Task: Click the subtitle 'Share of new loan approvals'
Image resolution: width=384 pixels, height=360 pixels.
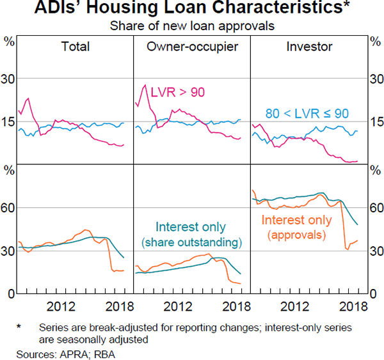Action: [191, 26]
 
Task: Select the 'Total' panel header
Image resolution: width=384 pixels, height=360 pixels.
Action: [75, 46]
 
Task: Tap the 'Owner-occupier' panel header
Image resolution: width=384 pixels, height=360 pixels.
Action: [191, 46]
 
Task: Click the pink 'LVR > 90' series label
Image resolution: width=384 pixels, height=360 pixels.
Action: [177, 93]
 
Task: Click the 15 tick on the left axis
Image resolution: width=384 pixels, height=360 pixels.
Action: [9, 121]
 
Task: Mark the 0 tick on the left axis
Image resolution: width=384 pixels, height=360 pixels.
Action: [9, 293]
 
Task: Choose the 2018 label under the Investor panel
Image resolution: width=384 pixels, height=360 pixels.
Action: [351, 306]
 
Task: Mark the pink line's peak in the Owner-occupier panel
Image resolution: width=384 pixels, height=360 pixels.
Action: [145, 85]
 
